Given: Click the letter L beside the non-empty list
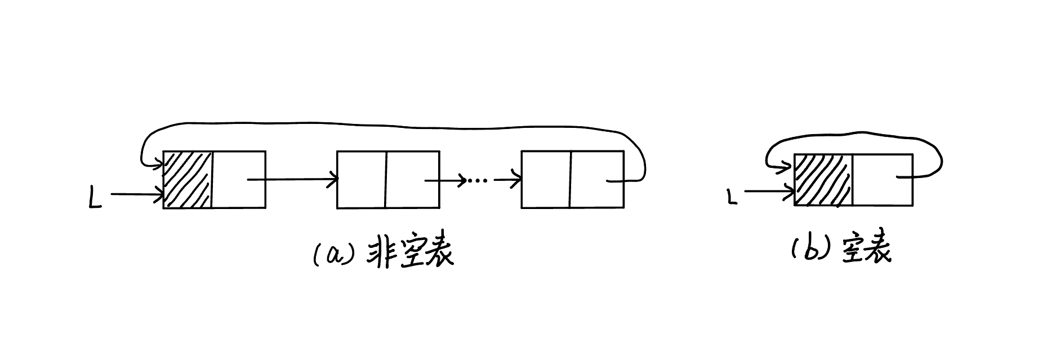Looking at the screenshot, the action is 96,199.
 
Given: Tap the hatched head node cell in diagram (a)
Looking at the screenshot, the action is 188,180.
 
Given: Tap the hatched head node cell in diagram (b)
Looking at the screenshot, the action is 823,180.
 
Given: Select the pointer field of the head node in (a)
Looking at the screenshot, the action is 238,180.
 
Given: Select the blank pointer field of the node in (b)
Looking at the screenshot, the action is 882,180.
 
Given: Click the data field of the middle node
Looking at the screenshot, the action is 361,180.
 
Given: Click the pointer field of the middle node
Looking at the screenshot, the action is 412,180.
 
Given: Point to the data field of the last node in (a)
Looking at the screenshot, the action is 546,180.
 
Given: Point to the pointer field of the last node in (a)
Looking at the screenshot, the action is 596,180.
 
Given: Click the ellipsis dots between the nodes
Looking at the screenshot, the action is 478,181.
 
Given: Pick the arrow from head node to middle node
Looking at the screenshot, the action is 293,180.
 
